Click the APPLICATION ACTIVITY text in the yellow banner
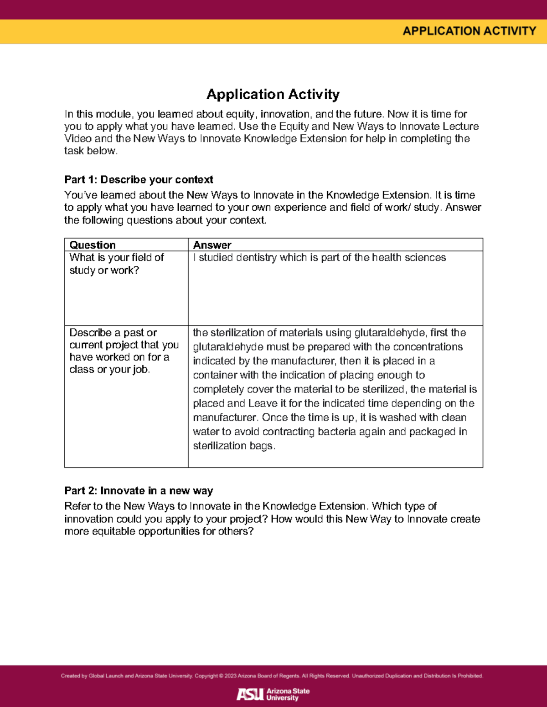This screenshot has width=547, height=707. (469, 31)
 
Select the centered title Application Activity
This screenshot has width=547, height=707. (273, 94)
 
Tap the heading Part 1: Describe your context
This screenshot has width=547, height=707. (139, 179)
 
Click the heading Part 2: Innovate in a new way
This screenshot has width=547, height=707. (139, 491)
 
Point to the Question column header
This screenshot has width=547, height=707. (93, 245)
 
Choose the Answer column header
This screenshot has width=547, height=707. (212, 245)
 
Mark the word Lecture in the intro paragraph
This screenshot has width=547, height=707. (460, 126)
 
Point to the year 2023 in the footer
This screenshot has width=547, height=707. (230, 676)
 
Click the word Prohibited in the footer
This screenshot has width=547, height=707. (470, 676)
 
